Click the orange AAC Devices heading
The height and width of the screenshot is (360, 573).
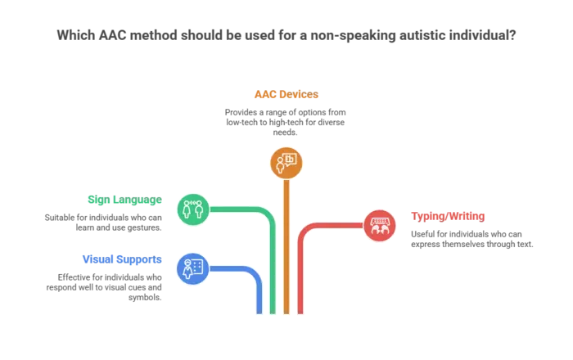286,94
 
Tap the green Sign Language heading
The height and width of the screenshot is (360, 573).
124,200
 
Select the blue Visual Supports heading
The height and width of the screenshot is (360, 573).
122,259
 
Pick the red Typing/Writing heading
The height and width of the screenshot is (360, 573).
448,216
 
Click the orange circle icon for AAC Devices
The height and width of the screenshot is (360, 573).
286,163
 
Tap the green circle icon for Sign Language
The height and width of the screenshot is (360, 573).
193,209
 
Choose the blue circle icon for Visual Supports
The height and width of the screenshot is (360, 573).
193,268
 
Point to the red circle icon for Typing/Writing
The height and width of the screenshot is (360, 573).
380,226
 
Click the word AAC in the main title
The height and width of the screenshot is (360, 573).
112,35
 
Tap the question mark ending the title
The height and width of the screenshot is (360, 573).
512,35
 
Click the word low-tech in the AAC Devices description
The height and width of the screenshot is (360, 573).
241,122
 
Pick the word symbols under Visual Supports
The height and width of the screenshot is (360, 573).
145,298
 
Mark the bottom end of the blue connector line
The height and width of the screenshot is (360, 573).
259,313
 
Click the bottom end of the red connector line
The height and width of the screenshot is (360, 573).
300,313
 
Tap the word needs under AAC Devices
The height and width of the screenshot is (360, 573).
285,133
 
